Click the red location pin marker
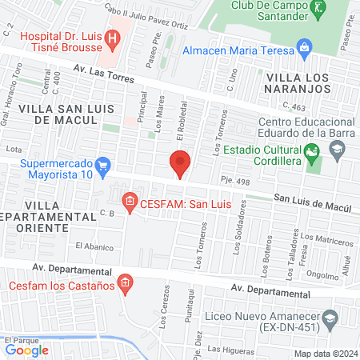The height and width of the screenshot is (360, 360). tap(180, 163)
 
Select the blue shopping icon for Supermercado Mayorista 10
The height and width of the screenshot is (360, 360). tap(102, 167)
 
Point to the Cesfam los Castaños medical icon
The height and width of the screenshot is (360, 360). tap(125, 282)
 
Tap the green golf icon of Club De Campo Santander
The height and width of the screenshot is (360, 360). tap(318, 9)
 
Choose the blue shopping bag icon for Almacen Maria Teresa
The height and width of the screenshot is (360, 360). tap(304, 48)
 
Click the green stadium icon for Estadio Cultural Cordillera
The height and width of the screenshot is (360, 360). tap(311, 149)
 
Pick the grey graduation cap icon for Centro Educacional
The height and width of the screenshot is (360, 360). tap(337, 149)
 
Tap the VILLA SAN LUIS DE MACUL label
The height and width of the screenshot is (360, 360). tap(57, 114)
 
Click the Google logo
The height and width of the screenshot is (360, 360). tap(27, 350)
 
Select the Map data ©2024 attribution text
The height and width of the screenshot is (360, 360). tap(325, 354)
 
